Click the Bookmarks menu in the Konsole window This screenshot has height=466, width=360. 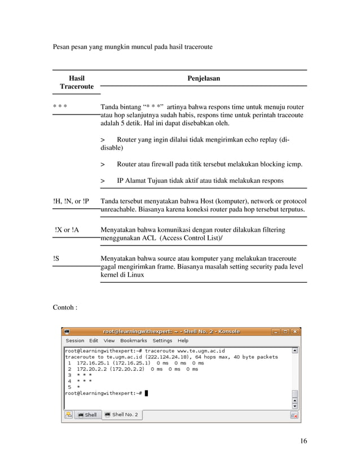click(133, 341)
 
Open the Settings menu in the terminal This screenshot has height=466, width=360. click(163, 341)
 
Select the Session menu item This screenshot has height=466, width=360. click(75, 341)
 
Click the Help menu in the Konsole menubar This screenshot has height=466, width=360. click(183, 341)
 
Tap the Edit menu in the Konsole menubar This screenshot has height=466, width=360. click(94, 341)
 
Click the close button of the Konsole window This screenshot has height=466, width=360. click(295, 331)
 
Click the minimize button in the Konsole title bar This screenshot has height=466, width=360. click(276, 331)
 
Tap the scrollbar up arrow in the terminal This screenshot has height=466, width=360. click(295, 350)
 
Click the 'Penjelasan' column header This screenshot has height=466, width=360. click(204, 78)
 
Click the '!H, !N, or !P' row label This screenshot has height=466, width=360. click(71, 201)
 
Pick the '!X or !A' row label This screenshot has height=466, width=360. click(67, 230)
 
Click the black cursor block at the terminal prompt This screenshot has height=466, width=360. click(146, 393)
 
